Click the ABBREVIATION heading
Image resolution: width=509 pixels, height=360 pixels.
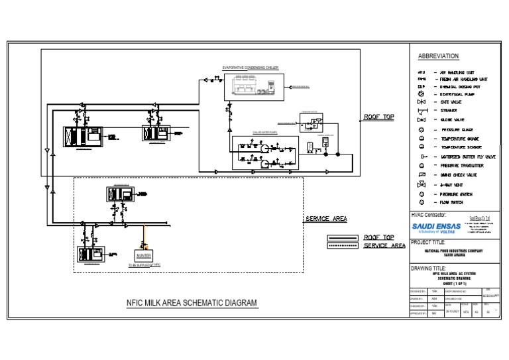point(438,56)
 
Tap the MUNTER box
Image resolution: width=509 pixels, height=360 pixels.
point(144,255)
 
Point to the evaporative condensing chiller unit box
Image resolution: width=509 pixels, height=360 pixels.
point(248,85)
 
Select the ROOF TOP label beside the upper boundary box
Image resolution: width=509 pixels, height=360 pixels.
point(378,117)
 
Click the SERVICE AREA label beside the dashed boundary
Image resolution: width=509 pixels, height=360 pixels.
point(326,219)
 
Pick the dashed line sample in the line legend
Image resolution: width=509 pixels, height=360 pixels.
point(341,246)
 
